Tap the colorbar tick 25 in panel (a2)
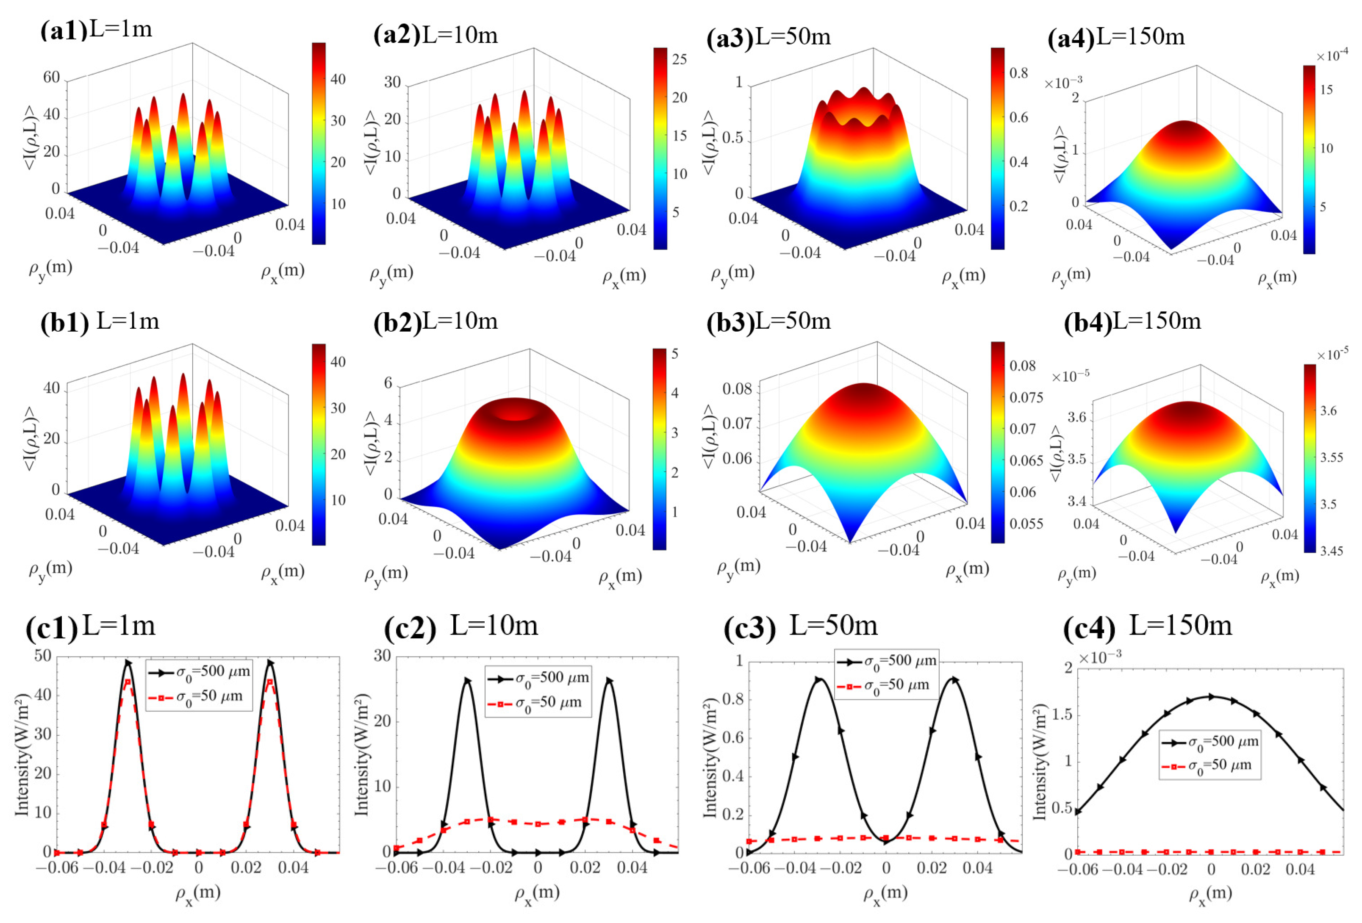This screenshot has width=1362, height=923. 679,59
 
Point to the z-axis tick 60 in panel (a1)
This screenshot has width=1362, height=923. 52,78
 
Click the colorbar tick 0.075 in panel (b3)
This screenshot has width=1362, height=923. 1026,398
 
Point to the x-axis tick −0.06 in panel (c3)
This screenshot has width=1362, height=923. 749,868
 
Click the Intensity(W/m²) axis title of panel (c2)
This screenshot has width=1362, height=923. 362,754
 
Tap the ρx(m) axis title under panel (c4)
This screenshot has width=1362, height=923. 1211,894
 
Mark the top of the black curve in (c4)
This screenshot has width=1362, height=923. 1211,696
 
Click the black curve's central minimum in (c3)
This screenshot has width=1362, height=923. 885,842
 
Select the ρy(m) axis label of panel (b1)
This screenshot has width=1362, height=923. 50,568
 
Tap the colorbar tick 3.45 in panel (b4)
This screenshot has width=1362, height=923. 1331,551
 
